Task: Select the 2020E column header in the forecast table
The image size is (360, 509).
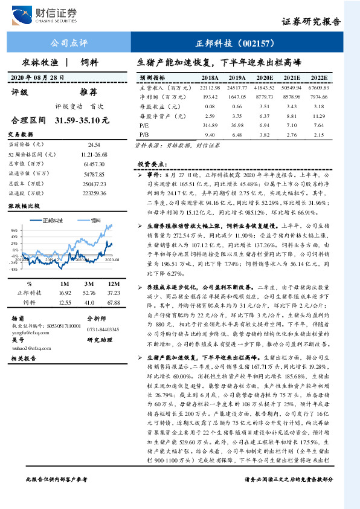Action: (265, 78)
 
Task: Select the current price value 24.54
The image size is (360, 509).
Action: (94, 146)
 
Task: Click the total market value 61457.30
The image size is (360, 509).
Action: (94, 164)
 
